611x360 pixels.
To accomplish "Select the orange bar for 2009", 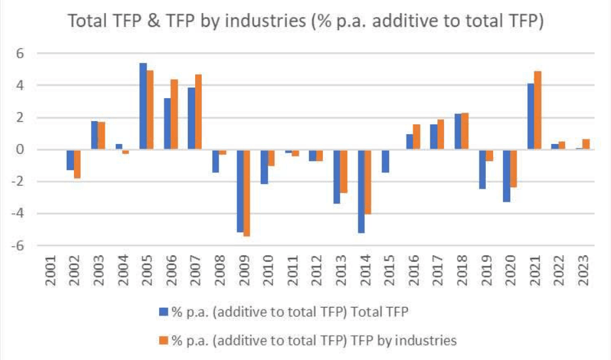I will tap(246, 193).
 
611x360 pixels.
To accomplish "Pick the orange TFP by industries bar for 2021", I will tap(537, 111).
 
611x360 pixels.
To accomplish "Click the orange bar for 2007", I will tap(198, 112).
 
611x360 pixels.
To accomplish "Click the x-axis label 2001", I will tap(50, 270).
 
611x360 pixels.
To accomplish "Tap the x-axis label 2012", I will tap(317, 270).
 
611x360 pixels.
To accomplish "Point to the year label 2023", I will tap(584, 270).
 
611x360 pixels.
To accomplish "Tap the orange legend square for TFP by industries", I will tap(163, 340).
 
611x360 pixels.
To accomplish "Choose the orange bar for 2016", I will tap(417, 137).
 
